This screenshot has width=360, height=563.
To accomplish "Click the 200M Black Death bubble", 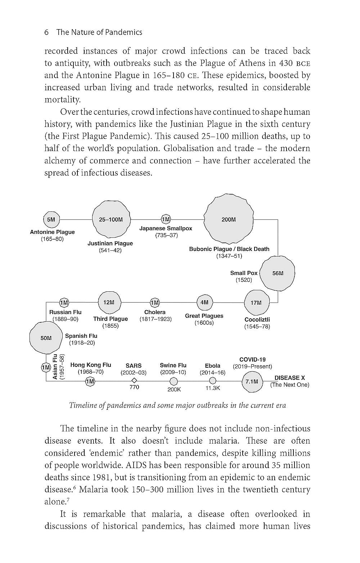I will [229, 219].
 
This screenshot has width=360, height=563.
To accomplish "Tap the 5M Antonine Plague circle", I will [51, 219].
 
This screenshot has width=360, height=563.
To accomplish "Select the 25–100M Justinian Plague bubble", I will [111, 219].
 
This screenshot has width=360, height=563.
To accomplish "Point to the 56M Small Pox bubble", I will [278, 273].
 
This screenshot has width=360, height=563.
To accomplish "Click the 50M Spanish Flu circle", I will [46, 338].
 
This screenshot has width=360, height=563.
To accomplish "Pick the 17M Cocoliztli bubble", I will [256, 303].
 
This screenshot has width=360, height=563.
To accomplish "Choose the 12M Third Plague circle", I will [109, 302].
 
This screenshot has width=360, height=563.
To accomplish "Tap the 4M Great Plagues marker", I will [204, 302].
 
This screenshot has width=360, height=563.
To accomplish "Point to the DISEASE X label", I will [289, 378].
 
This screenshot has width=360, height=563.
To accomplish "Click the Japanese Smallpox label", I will [166, 228].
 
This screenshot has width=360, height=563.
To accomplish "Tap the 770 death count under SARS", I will [134, 387].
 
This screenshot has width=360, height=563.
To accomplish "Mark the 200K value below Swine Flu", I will [174, 389].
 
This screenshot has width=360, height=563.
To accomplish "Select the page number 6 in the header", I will [46, 32].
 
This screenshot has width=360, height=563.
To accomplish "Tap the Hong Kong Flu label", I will [91, 365].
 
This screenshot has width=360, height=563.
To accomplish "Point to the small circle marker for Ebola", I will [213, 381].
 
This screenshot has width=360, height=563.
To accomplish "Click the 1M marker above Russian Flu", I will [64, 302].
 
